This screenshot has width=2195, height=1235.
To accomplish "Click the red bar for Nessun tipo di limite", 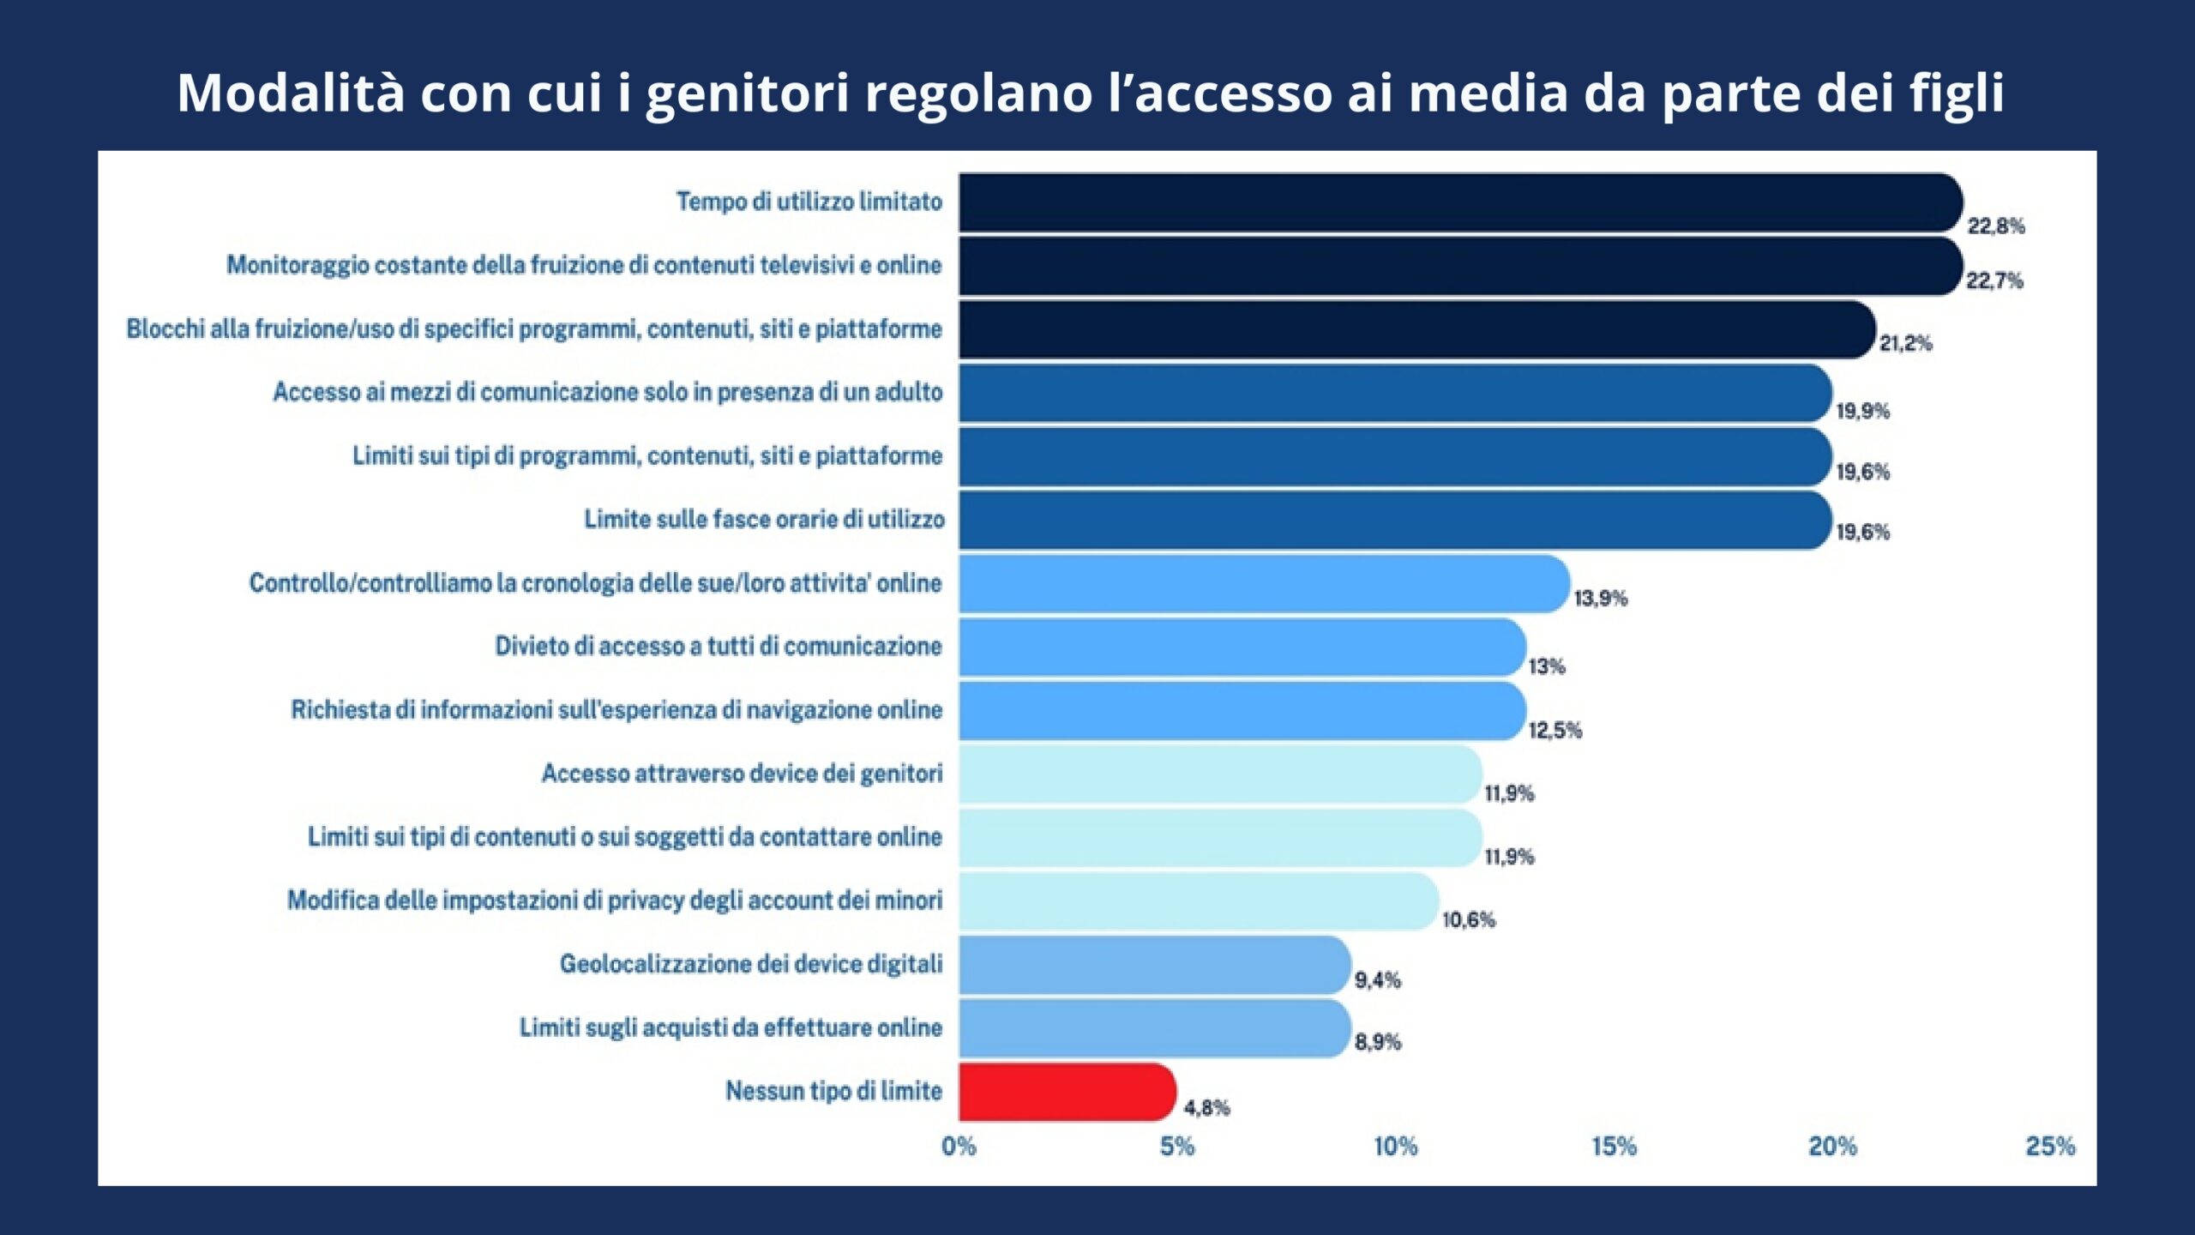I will point(1067,1092).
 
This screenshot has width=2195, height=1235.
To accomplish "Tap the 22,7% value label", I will point(1994,280).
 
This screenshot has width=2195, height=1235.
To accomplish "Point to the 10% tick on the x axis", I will point(1395,1147).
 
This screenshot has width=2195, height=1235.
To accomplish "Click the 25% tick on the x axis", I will point(2050,1147).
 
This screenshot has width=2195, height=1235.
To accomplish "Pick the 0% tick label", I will point(959,1147).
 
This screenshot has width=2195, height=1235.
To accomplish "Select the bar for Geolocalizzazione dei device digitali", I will point(1154,965).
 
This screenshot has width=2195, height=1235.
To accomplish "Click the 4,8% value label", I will point(1206,1108).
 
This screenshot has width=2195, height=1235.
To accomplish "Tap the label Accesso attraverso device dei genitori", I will point(742,774).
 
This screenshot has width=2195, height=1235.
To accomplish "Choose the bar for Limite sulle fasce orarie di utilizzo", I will point(1394,520).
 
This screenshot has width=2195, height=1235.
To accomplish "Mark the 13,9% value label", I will point(1600,598).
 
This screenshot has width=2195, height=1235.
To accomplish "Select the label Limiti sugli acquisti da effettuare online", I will point(731,1027).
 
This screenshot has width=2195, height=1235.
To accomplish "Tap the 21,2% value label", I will point(1905,344).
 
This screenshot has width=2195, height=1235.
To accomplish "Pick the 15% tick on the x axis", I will point(1614,1147).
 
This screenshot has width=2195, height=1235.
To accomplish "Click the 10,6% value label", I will point(1468,920).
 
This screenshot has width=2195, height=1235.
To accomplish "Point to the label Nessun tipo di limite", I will point(833,1091).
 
